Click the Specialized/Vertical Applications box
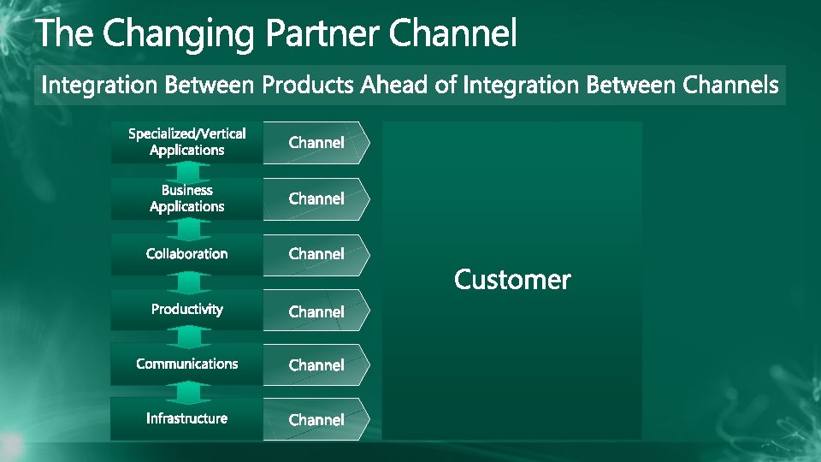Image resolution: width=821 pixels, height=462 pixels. pyautogui.click(x=186, y=142)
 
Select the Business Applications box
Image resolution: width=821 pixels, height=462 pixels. pyautogui.click(x=186, y=198)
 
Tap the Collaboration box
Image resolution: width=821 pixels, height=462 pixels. pyautogui.click(x=186, y=254)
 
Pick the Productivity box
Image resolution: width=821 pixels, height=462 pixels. pyautogui.click(x=186, y=310)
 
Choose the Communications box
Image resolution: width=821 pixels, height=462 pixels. pyautogui.click(x=186, y=364)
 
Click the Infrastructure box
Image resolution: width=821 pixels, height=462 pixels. pyautogui.click(x=186, y=418)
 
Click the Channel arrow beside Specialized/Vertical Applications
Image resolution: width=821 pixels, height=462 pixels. pyautogui.click(x=316, y=143)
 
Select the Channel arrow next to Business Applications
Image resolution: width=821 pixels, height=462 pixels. pyautogui.click(x=316, y=199)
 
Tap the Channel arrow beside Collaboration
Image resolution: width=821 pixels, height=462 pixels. pyautogui.click(x=316, y=255)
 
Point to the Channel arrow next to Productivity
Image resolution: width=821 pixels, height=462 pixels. pyautogui.click(x=316, y=311)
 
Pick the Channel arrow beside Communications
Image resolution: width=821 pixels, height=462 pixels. pyautogui.click(x=316, y=365)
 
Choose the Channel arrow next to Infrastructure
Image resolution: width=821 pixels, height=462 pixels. pyautogui.click(x=316, y=420)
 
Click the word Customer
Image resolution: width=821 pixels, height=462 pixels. pyautogui.click(x=512, y=280)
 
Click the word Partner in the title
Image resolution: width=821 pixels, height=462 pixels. pyautogui.click(x=322, y=35)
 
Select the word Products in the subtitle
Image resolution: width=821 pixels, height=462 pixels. pyautogui.click(x=309, y=86)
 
